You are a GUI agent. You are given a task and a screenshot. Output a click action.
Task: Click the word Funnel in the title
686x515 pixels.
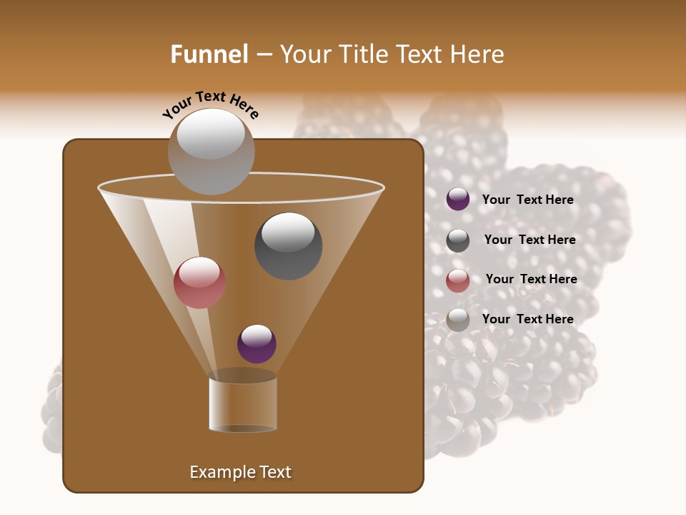pyautogui.click(x=209, y=54)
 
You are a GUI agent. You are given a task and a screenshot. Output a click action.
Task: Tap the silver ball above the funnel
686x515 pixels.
pyautogui.click(x=212, y=152)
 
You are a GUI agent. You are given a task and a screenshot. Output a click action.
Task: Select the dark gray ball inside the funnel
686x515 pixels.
pyautogui.click(x=288, y=245)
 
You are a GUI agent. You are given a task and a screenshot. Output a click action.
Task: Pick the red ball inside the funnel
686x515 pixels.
pyautogui.click(x=199, y=283)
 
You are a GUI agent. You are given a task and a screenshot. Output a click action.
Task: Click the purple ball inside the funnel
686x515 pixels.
pyautogui.click(x=257, y=343)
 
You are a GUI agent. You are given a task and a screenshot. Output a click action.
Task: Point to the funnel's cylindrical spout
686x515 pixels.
pyautogui.click(x=243, y=404)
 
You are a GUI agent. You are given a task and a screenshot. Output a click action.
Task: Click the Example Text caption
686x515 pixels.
pyautogui.click(x=240, y=472)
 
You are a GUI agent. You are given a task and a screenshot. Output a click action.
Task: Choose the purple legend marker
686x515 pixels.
pyautogui.click(x=458, y=200)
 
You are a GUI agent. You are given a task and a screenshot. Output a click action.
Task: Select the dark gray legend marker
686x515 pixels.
pyautogui.click(x=458, y=240)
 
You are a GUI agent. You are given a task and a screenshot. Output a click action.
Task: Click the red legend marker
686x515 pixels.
pyautogui.click(x=458, y=280)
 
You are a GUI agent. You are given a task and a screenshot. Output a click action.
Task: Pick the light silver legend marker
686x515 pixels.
pyautogui.click(x=458, y=320)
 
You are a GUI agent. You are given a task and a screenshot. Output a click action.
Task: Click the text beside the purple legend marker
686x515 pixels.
pyautogui.click(x=527, y=200)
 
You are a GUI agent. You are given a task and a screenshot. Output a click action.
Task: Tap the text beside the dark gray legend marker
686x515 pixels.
pyautogui.click(x=530, y=240)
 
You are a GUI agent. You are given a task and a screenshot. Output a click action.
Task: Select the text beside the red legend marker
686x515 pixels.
pyautogui.click(x=531, y=279)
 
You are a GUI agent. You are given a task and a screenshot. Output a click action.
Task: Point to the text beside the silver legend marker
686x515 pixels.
pyautogui.click(x=527, y=319)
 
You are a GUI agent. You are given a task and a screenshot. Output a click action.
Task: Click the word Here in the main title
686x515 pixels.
pyautogui.click(x=477, y=54)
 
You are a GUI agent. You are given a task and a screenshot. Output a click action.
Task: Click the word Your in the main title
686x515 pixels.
pyautogui.click(x=301, y=54)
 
